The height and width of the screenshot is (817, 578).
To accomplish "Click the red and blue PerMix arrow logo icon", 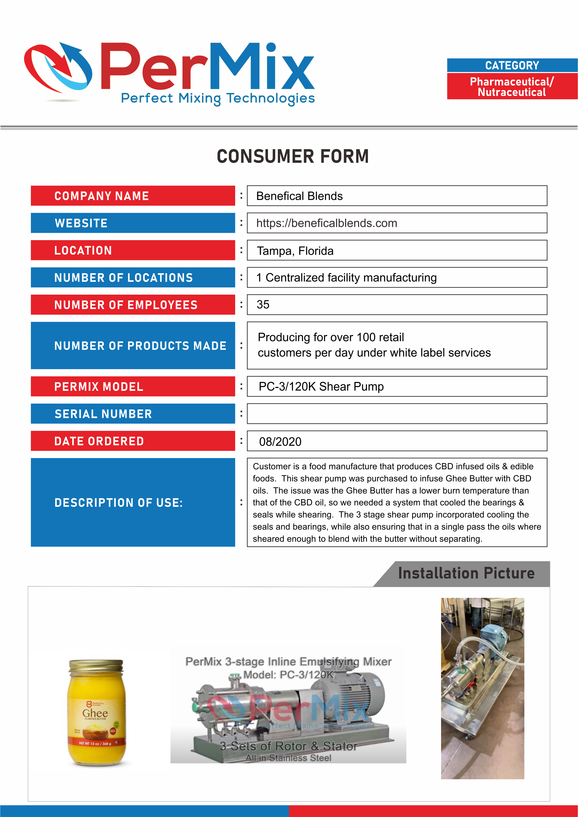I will click(x=58, y=68).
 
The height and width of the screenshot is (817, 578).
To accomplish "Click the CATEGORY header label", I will click(x=512, y=65).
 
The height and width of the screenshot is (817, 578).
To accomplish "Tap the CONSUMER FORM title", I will click(x=292, y=157).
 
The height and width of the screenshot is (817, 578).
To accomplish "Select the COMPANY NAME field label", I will click(x=102, y=196).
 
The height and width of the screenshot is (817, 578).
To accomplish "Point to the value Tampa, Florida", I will click(x=295, y=251).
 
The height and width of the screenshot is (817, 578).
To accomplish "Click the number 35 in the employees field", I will click(x=263, y=305).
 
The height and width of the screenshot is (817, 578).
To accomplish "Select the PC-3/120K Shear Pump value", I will click(x=321, y=386).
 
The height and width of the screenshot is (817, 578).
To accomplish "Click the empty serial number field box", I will click(x=397, y=413).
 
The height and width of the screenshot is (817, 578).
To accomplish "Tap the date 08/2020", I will click(x=280, y=442).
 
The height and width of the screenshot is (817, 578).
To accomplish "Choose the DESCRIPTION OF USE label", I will click(x=119, y=502).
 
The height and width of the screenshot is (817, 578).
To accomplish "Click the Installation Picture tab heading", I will click(x=466, y=573).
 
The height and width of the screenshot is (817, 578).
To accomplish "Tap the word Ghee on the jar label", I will click(x=95, y=713).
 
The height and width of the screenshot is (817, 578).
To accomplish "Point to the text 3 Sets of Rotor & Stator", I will click(x=288, y=746).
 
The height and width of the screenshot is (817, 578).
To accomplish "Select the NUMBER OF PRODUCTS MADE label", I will click(x=140, y=346).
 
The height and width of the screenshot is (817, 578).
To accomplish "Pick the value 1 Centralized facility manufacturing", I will click(x=346, y=278).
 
